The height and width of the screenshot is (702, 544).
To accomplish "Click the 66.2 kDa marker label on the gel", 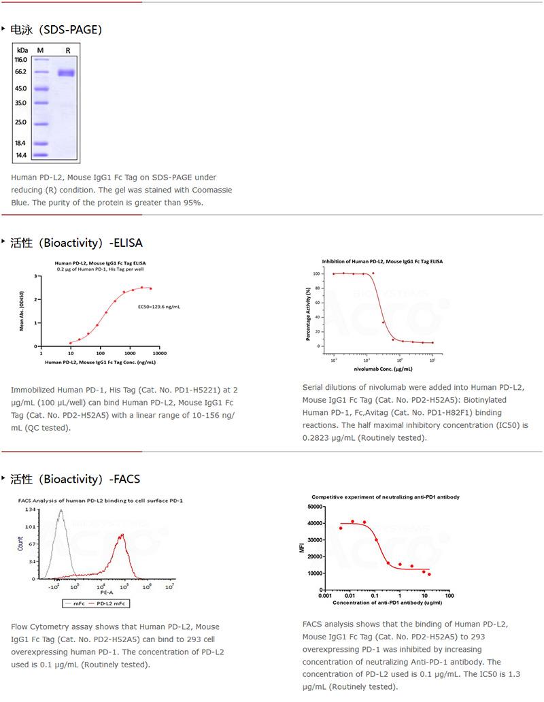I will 20,71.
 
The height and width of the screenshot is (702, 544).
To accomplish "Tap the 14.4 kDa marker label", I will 20,155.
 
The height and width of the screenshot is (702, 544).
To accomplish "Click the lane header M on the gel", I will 40,50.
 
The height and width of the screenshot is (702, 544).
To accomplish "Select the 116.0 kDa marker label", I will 20,60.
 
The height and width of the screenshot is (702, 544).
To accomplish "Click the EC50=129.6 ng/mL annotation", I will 158,307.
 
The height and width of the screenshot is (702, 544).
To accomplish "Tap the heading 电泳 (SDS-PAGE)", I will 56,29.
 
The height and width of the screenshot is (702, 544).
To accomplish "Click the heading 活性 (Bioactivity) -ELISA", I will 76,243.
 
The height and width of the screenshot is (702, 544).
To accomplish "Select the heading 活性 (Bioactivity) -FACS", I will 75,479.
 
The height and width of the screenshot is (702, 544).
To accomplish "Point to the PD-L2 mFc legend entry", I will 114,603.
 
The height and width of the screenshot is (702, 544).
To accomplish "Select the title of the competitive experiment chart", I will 386,497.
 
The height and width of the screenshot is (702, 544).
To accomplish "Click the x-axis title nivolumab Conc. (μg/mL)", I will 383,368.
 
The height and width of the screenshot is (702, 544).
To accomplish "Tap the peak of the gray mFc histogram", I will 60,511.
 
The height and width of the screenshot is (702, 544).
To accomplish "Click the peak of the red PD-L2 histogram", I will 122,535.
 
